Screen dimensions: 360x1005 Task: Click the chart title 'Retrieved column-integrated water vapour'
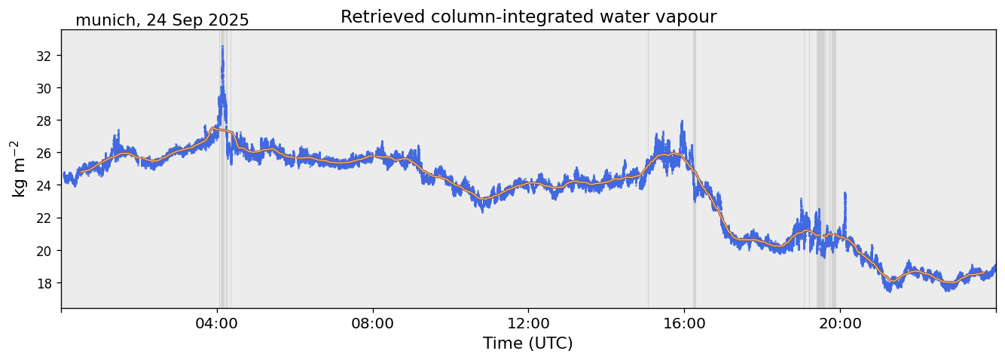tap(528, 17)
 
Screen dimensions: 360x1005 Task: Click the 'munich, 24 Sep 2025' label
tap(162, 20)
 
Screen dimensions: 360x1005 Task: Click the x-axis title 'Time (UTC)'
tap(528, 343)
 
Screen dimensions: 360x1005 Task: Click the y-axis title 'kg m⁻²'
tap(19, 169)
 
